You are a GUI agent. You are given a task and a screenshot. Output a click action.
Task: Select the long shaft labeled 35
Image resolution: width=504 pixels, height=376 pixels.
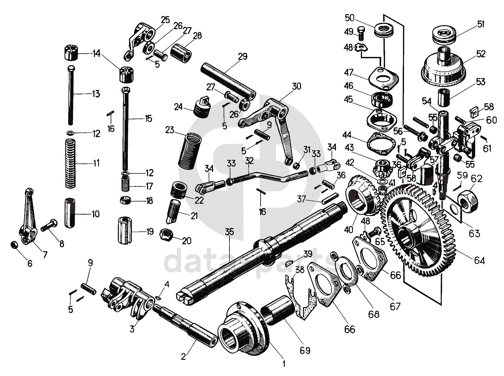tap(262, 252)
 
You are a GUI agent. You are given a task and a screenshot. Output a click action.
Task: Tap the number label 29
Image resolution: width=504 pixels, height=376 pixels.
tap(242, 57)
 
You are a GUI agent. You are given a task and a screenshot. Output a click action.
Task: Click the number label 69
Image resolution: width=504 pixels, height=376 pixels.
tap(305, 350)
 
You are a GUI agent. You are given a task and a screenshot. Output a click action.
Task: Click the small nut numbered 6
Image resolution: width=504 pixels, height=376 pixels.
tap(14, 245)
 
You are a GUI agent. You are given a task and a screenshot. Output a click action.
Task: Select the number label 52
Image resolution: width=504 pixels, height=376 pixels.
tap(481, 54)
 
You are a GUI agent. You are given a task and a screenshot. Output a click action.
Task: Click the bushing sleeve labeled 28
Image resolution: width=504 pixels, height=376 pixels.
tap(181, 52)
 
